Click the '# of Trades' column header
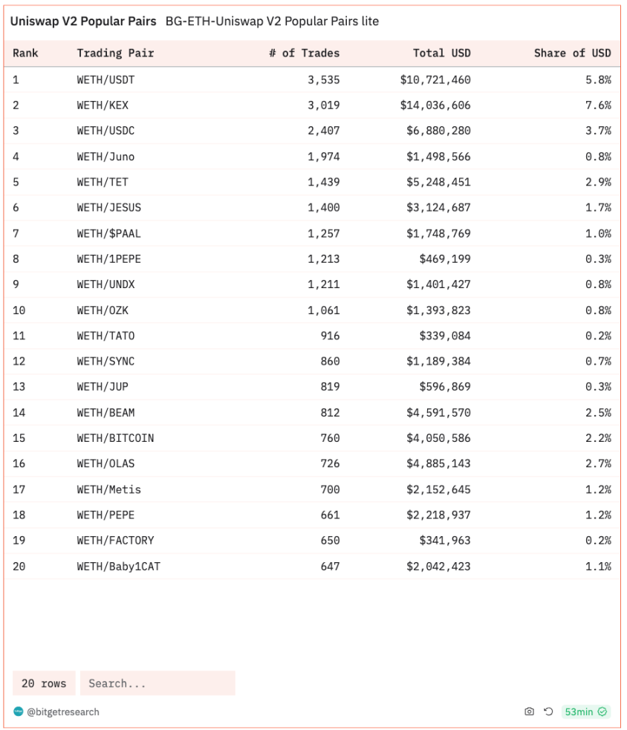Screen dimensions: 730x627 [304, 53]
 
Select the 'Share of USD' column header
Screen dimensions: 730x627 [572, 53]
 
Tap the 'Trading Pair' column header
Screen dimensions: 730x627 [115, 53]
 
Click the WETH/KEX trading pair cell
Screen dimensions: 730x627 [103, 105]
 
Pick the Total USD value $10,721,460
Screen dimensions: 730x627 [435, 79]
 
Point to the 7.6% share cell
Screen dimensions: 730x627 [598, 105]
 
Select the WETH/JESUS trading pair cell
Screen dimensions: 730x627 [108, 208]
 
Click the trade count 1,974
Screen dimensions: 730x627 [323, 157]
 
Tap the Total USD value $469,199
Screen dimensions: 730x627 [444, 259]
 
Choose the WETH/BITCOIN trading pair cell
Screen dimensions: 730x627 [115, 438]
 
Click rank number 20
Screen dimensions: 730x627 [19, 567]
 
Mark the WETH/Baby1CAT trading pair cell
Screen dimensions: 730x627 [118, 567]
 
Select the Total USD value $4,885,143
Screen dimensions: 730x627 [438, 464]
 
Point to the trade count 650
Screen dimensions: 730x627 [330, 541]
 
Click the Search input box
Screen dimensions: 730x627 [157, 683]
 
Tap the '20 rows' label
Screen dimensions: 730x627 [44, 683]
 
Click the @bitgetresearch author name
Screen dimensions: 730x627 [63, 712]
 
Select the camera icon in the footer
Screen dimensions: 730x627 [529, 712]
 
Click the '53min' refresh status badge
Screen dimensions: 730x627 [585, 712]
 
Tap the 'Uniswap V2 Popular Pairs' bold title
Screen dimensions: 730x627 [83, 22]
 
